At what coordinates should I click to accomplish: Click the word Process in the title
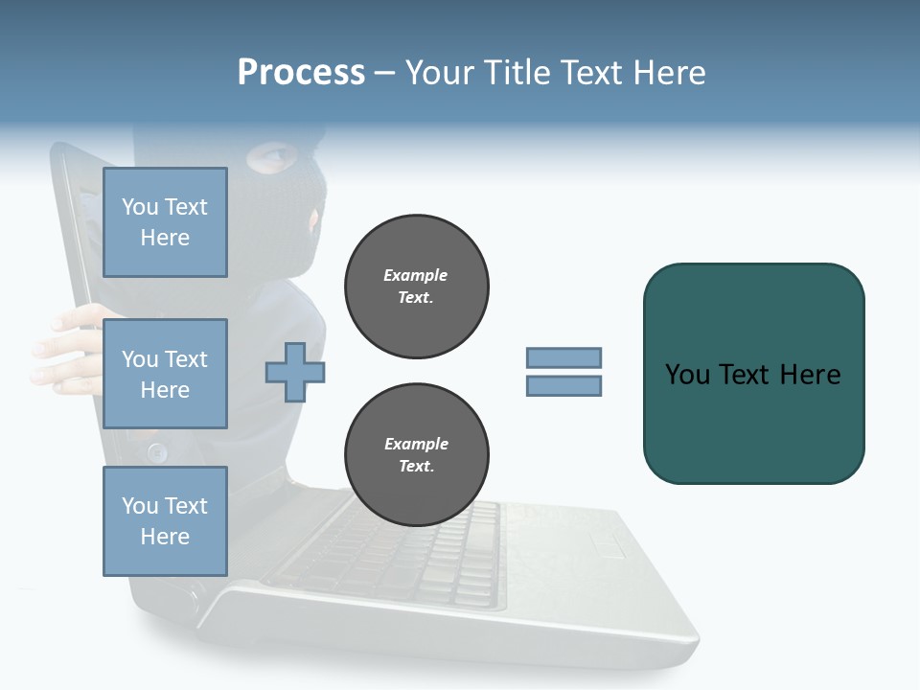click(301, 72)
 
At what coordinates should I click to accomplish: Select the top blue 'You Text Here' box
click(165, 222)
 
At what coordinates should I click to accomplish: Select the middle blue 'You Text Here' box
click(165, 374)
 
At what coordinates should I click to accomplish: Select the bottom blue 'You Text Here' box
click(165, 520)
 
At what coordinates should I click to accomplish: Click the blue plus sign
click(294, 372)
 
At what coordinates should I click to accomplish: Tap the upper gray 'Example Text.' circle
click(417, 287)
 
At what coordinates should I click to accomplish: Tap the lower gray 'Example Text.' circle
click(417, 455)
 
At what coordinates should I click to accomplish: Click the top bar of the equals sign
click(563, 358)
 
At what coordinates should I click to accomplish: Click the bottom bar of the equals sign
click(563, 385)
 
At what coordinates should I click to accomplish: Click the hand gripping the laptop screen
click(67, 350)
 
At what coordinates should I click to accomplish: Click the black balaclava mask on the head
click(287, 211)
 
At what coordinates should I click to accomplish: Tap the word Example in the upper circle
click(416, 275)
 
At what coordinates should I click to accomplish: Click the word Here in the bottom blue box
click(165, 537)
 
